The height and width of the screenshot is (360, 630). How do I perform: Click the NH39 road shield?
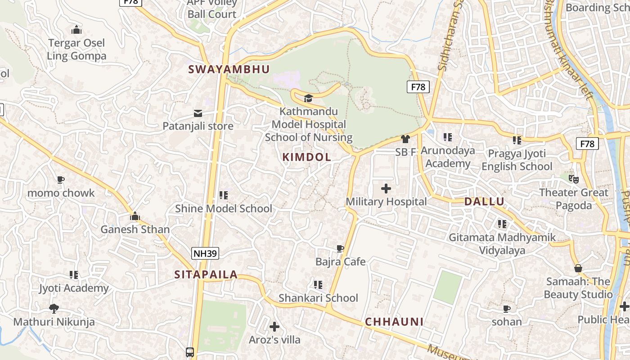[x=205, y=253]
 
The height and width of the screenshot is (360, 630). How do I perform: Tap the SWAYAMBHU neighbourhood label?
[x=229, y=69]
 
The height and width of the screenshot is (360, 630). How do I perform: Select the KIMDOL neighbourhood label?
[x=306, y=157]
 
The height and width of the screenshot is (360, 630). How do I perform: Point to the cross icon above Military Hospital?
[x=386, y=189]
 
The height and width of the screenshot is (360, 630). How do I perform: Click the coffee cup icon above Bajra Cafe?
[x=340, y=249]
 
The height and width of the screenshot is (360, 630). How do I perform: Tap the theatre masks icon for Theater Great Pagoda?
[x=573, y=179]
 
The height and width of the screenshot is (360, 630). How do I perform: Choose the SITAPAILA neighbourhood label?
[x=206, y=274]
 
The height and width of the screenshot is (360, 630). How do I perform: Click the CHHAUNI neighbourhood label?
[x=394, y=322]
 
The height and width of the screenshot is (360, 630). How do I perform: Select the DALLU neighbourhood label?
[x=484, y=201]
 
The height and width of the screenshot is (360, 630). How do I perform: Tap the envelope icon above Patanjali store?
[x=198, y=113]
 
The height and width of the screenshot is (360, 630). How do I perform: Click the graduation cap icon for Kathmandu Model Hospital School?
[x=308, y=98]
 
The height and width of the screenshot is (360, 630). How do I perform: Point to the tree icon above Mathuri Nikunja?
[x=54, y=309]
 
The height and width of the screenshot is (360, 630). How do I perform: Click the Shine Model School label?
[x=224, y=208]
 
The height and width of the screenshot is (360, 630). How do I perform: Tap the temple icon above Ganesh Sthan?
[x=135, y=216]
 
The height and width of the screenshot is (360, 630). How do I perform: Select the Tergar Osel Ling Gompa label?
[x=76, y=49]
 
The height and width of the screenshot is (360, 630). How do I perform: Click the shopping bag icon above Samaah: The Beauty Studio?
[x=578, y=269]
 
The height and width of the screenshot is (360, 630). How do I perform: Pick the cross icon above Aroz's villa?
[x=274, y=327]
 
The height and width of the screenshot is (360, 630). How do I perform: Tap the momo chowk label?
[x=61, y=193]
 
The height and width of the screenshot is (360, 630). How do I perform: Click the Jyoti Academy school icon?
[x=74, y=275]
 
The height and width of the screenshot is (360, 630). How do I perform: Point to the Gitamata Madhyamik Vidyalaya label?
[x=502, y=243]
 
